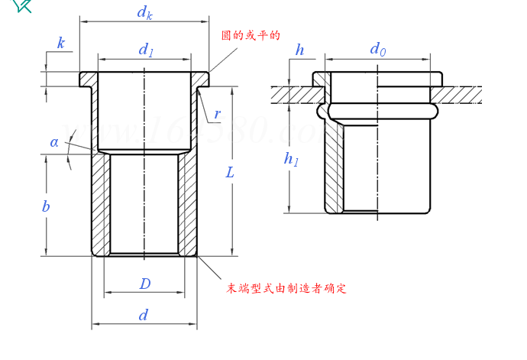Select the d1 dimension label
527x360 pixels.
click(x=145, y=50)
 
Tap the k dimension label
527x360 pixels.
click(x=61, y=43)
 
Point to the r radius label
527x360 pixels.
click(x=217, y=115)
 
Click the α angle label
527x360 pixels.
click(x=54, y=141)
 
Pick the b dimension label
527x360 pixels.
click(x=46, y=206)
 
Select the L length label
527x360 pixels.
click(x=230, y=173)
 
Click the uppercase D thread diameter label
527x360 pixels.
click(x=144, y=284)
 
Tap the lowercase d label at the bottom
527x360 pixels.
click(x=143, y=315)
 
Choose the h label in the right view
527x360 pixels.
click(x=299, y=50)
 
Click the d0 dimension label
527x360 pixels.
click(x=377, y=50)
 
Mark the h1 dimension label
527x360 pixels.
click(x=291, y=159)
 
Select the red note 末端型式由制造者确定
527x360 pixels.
click(x=286, y=289)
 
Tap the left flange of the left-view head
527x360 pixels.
click(x=86, y=79)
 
